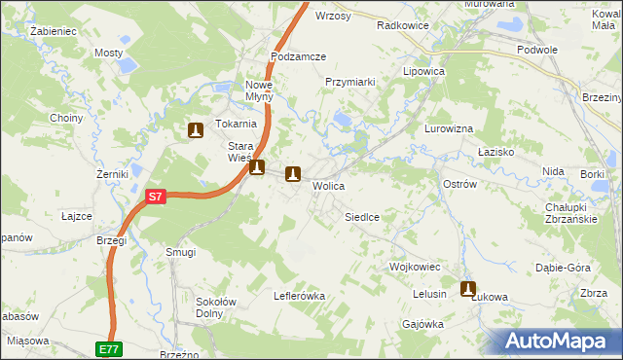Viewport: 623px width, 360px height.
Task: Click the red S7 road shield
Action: (156, 197)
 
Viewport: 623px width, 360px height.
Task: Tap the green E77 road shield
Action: (109, 347)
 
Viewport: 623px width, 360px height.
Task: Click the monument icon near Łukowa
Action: (468, 289)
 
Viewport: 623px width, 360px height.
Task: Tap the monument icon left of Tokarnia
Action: (195, 129)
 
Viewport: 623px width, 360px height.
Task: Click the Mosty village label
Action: (107, 53)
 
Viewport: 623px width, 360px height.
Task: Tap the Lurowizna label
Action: (449, 128)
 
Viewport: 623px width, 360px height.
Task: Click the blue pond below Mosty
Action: (127, 67)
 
